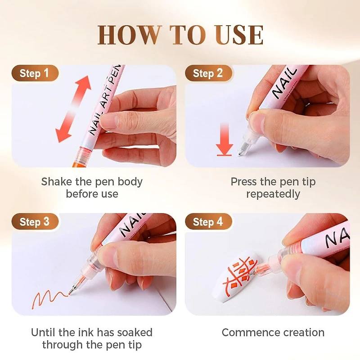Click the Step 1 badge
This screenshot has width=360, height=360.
click(34, 73)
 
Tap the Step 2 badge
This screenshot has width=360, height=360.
click(208, 73)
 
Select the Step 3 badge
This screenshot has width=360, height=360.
click(34, 222)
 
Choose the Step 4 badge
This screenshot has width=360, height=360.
click(208, 222)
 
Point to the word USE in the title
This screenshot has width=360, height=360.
click(238, 35)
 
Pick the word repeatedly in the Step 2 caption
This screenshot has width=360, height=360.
click(273, 194)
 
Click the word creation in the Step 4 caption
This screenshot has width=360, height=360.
click(303, 333)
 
